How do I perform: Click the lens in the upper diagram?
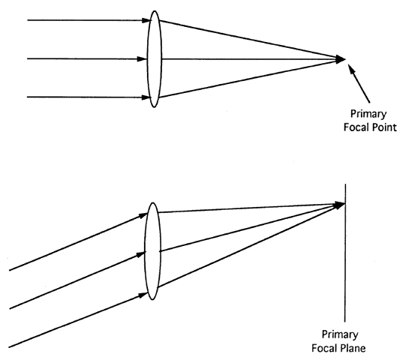(147, 59)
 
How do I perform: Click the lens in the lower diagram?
(145, 251)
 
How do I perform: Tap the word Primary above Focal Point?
(368, 114)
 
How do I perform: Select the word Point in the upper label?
(385, 127)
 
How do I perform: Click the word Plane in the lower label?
(353, 348)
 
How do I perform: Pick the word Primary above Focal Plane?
(340, 334)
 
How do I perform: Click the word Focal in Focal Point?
(357, 127)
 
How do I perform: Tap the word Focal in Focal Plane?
(325, 348)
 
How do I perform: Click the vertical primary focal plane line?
(345, 253)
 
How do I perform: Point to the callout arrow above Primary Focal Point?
(359, 83)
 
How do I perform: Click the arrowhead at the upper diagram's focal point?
(341, 59)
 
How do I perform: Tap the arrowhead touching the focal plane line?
(339, 205)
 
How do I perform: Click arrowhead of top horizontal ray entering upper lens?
(146, 20)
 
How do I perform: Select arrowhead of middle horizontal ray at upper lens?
(142, 59)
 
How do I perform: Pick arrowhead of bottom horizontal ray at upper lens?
(146, 97)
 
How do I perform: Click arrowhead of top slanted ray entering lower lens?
(143, 215)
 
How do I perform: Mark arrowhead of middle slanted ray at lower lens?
(140, 254)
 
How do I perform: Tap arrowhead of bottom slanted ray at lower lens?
(143, 295)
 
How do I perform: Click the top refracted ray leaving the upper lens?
(249, 40)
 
